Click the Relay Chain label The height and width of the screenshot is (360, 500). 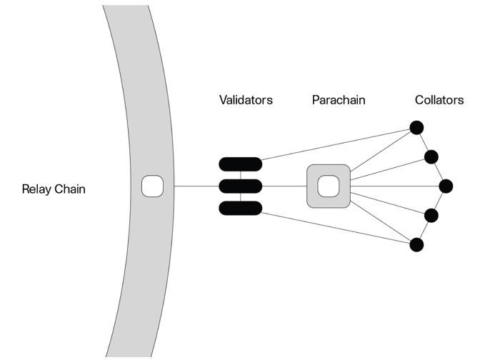click(54, 189)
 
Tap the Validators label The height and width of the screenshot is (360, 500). click(246, 100)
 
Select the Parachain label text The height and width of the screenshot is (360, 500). click(339, 100)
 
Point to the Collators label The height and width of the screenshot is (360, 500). click(439, 100)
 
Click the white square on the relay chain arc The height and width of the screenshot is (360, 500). click(154, 186)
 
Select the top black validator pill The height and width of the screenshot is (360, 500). click(241, 164)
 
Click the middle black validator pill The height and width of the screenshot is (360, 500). click(241, 186)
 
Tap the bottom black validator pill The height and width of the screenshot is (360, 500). click(241, 209)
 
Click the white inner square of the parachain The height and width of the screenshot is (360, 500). click(328, 186)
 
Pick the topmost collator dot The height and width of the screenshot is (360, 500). click(416, 127)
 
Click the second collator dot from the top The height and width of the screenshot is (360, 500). click(431, 156)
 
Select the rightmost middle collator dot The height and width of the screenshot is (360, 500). click(446, 186)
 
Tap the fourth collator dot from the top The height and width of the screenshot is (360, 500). click(431, 216)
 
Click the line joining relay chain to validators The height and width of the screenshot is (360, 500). click(196, 186)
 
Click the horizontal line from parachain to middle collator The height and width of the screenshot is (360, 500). click(396, 186)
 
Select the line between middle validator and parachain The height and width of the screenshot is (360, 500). click(284, 186)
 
